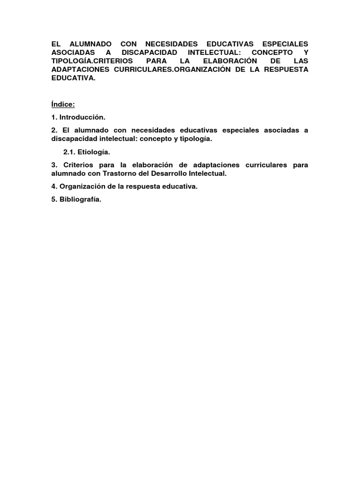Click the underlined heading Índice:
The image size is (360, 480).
pos(63,104)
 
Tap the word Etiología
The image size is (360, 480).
pos(95,152)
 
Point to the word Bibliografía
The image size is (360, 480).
pos(80,199)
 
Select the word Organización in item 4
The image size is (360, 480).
pos(81,186)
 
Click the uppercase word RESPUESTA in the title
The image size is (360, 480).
pos(286,70)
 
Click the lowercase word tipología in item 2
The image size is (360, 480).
pos(193,139)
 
